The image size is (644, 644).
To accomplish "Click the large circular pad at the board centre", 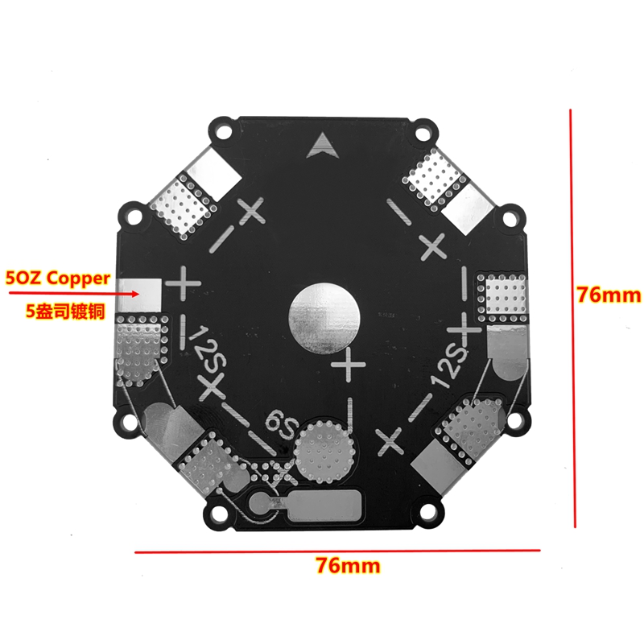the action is pyautogui.click(x=324, y=318).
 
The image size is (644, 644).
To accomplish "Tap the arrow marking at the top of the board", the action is pyautogui.click(x=324, y=146).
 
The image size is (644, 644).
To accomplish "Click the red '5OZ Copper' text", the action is pyautogui.click(x=58, y=279).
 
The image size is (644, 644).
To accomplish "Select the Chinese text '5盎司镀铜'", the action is pyautogui.click(x=66, y=312).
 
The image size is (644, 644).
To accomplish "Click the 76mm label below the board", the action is pyautogui.click(x=349, y=566).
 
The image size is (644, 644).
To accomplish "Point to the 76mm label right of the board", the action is pyautogui.click(x=609, y=295).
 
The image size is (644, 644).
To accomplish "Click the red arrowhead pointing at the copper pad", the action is pyautogui.click(x=134, y=294).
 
